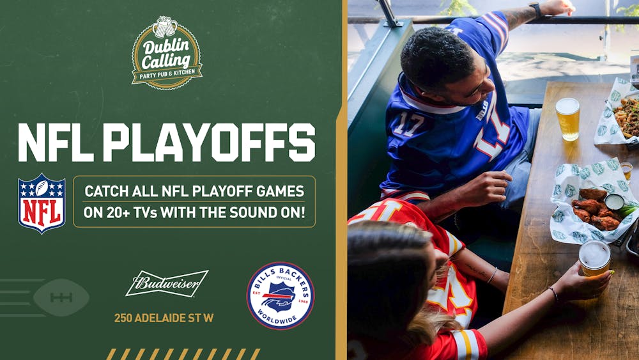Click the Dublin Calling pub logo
167,54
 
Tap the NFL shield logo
42,203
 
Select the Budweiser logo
167,283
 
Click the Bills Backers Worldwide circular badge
281,295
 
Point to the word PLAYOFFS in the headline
209,142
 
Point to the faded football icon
61,297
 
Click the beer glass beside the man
567,118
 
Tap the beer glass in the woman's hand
594,258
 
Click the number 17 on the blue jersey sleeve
408,123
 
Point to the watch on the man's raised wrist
535,10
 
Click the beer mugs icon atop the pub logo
166,27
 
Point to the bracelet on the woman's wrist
553,293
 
